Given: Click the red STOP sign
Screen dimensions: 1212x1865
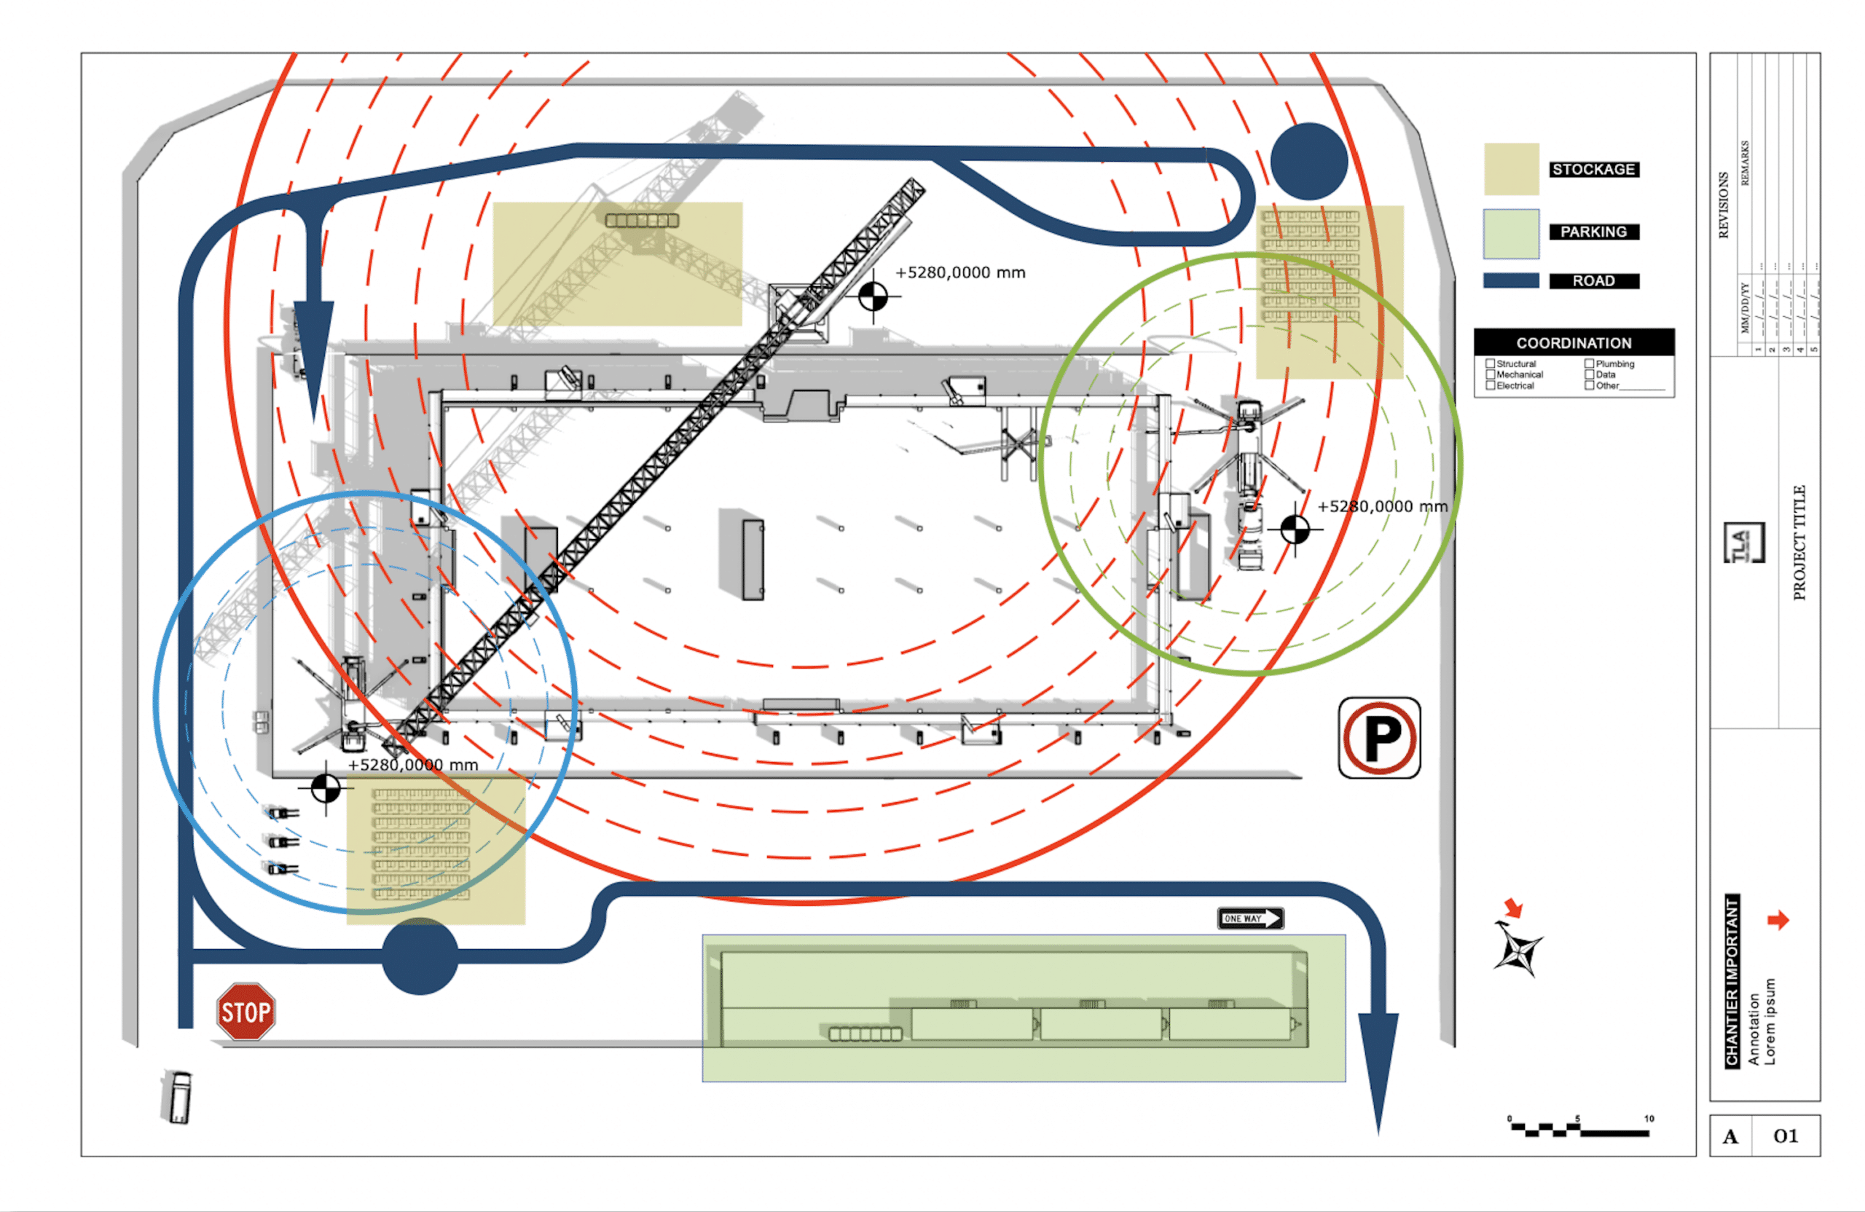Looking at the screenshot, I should pos(246,1012).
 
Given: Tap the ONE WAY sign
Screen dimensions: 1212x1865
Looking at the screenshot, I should pos(1250,918).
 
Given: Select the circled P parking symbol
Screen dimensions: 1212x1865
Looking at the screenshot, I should pos(1379,738).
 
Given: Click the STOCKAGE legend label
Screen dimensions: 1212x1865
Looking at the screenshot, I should pos(1593,169).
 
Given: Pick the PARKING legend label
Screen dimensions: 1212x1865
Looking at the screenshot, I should pos(1593,232).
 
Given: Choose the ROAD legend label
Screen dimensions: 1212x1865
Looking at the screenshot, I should pos(1593,280).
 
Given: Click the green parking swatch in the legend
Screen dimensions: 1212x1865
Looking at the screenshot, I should pos(1511,234).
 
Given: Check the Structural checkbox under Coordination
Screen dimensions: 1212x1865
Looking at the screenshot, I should pos(1490,363).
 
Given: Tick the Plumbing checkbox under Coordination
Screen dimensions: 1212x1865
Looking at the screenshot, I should pos(1589,363).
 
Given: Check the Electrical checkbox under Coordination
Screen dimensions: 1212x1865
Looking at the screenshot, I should pos(1490,385).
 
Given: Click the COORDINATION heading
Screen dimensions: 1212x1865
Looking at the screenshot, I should pos(1574,343).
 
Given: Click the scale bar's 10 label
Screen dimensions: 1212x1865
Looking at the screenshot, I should pos(1649,1119).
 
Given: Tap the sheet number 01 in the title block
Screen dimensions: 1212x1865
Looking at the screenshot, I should pos(1785,1136).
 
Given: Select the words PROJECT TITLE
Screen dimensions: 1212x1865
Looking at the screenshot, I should pos(1799,543).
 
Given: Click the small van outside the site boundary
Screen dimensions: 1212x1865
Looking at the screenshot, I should pos(179,1097).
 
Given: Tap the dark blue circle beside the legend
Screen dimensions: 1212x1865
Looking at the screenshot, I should pos(1308,162).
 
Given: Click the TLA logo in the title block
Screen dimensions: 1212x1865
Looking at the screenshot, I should pos(1743,543).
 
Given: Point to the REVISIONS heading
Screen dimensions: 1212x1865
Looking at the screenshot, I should pos(1723,205).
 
